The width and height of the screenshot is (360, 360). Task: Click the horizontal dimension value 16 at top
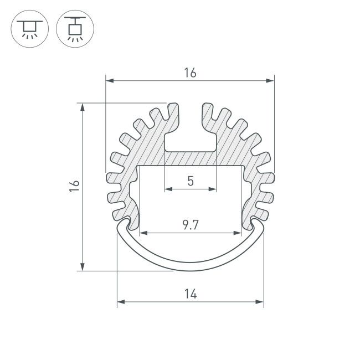coord(190,73)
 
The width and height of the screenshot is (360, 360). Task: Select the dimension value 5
coord(190,181)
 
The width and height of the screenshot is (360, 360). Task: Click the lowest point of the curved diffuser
coord(190,270)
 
